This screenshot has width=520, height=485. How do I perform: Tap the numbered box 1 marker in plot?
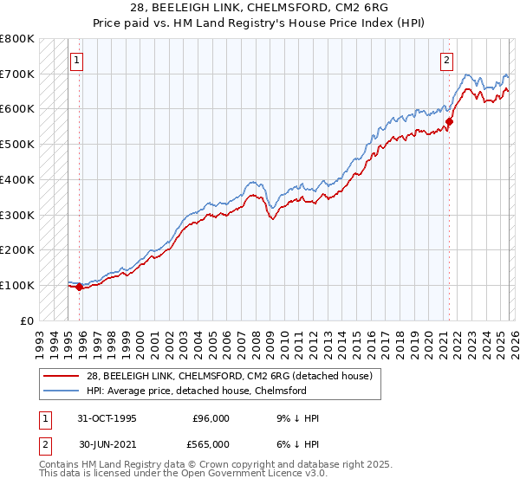click(77, 61)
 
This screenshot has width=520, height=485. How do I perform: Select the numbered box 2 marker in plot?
click(446, 61)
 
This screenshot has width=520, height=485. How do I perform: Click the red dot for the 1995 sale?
click(80, 287)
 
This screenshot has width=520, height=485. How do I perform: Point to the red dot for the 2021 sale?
click(449, 121)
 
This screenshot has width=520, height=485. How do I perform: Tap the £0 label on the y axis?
click(26, 320)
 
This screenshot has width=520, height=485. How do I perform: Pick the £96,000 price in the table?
click(211, 418)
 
